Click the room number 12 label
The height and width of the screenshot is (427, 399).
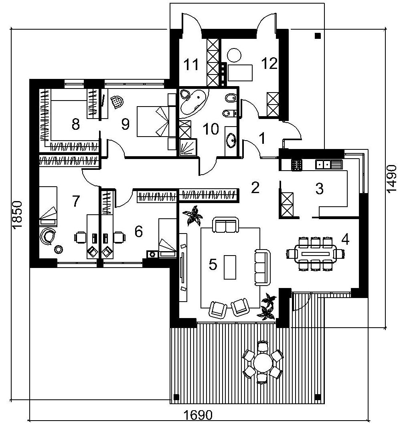[269, 63]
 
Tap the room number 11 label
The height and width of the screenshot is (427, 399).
[192, 64]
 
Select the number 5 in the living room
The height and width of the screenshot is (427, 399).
[213, 264]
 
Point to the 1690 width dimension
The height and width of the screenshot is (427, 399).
[198, 415]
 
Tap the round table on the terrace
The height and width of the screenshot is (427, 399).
[262, 363]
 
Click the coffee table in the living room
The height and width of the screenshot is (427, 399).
[230, 267]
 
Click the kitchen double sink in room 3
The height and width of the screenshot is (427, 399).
[328, 163]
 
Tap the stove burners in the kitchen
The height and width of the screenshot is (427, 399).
[296, 164]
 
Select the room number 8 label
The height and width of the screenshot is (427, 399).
[75, 125]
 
